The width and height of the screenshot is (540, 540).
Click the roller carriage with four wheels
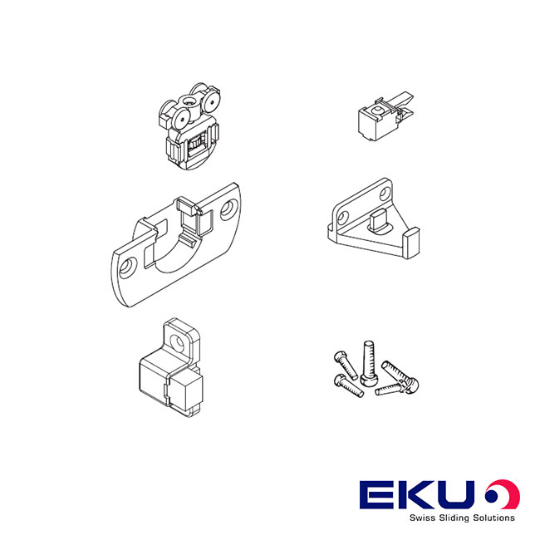[x=189, y=127]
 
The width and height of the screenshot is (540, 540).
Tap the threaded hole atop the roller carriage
[x=188, y=101]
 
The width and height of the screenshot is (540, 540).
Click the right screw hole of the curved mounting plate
[x=227, y=209]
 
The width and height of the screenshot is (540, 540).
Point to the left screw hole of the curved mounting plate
[x=127, y=268]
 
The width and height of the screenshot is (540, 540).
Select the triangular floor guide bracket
[x=373, y=218]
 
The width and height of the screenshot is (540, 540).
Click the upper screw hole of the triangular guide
[x=385, y=194]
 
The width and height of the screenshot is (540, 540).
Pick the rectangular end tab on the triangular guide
[x=411, y=243]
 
